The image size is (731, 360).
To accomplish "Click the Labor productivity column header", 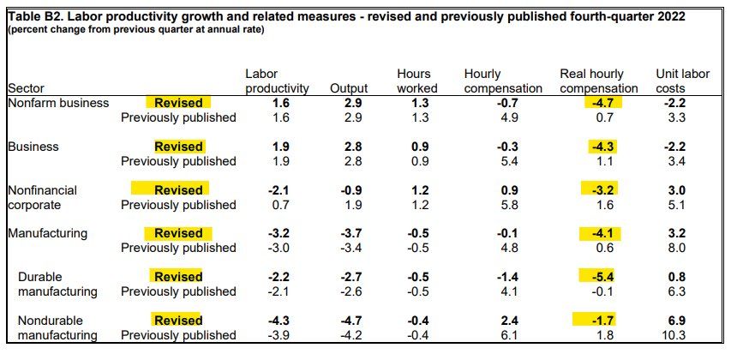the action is pos(277,81).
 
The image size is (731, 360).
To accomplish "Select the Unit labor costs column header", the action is pos(682,81).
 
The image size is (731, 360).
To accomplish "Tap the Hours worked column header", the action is pos(417,81).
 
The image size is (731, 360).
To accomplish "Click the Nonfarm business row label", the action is pos(58,103).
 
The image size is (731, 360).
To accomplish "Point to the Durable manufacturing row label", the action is pos(57,285).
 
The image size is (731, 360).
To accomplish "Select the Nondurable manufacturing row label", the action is pos(57,327).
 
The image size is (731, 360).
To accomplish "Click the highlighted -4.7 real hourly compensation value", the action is pos(602,103).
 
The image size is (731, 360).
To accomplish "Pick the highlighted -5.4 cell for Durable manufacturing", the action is pos(602,277).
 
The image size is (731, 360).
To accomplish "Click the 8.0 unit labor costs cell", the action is pos(676,248).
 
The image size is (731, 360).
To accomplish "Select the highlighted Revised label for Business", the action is pos(178,147).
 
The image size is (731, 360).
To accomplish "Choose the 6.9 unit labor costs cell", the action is pos(676,321).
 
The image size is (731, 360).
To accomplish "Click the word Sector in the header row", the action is pos(26,88).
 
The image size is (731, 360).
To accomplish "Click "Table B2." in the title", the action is pos(33,17).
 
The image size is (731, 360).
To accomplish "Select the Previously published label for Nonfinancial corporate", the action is pos(178,205).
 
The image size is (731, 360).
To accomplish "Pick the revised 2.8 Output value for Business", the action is pos(353,147).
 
